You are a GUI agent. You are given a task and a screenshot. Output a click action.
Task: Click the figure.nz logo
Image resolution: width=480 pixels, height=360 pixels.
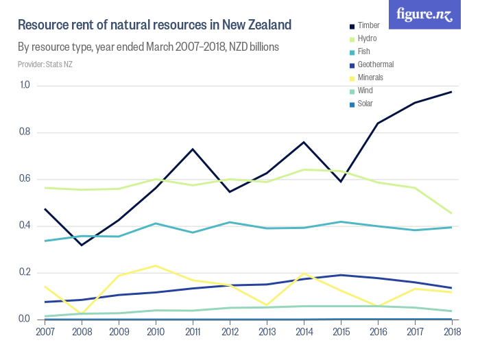pyautogui.click(x=424, y=15)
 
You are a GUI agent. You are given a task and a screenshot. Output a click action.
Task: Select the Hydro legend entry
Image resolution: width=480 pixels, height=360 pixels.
pyautogui.click(x=367, y=38)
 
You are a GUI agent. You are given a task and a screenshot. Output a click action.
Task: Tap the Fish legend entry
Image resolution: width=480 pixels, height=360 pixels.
pyautogui.click(x=364, y=51)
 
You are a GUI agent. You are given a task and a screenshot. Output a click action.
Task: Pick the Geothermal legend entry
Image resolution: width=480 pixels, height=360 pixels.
pyautogui.click(x=374, y=64)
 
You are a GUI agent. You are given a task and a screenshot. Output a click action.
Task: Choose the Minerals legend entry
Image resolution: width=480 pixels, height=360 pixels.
pyautogui.click(x=370, y=77)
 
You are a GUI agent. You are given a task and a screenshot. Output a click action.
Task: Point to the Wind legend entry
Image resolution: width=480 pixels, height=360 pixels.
pyautogui.click(x=365, y=91)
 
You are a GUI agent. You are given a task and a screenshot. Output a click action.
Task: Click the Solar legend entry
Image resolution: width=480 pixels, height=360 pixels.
pyautogui.click(x=365, y=104)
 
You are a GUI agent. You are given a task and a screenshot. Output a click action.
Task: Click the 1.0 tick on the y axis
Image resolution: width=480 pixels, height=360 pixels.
pyautogui.click(x=25, y=85)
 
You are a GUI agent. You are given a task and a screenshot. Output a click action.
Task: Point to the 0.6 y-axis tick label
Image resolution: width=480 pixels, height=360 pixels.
pyautogui.click(x=25, y=179)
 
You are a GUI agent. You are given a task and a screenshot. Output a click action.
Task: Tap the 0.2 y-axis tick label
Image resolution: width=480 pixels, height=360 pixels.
pyautogui.click(x=25, y=273)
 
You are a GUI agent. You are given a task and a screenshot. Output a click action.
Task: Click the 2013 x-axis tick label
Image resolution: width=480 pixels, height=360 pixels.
pyautogui.click(x=266, y=332)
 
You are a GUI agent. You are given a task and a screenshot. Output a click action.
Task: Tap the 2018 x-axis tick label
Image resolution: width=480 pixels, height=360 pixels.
pyautogui.click(x=451, y=332)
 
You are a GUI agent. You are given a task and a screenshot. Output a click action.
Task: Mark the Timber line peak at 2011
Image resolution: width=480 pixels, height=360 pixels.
pyautogui.click(x=193, y=149)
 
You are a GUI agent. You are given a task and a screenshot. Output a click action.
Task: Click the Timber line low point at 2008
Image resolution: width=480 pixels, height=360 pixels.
pyautogui.click(x=82, y=245)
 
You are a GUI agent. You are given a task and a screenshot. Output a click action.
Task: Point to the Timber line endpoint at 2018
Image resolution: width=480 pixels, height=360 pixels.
pyautogui.click(x=451, y=92)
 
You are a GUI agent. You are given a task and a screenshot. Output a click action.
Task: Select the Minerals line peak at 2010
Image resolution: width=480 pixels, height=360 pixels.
pyautogui.click(x=156, y=265)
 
